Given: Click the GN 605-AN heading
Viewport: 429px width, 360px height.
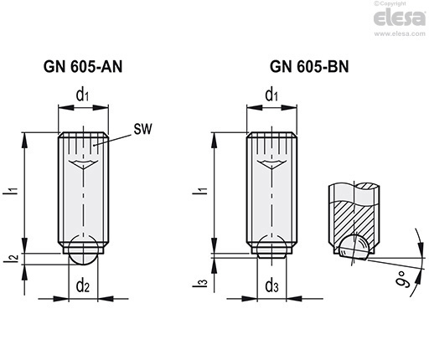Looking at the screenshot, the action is [x=83, y=67].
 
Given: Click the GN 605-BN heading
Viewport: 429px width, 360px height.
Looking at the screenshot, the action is [x=309, y=67].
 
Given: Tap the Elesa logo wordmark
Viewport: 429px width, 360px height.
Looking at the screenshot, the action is [x=400, y=18].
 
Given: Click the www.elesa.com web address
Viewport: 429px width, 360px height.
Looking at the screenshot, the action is [x=400, y=33].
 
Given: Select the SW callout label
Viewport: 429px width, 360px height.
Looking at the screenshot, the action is [x=142, y=129].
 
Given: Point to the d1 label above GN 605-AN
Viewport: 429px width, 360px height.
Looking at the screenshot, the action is [x=82, y=95].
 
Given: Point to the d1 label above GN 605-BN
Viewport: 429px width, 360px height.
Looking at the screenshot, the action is [x=271, y=95].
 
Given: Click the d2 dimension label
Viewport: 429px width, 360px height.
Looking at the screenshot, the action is [x=83, y=285].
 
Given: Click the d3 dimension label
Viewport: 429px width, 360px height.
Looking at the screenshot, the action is [x=271, y=285].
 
